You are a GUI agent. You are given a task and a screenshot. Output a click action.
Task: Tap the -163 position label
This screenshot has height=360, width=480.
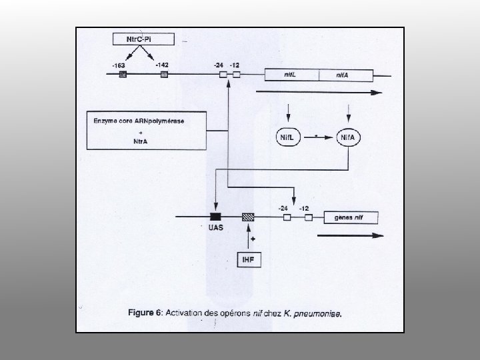pos(119,65)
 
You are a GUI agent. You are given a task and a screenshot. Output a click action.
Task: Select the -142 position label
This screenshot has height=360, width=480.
pos(162,65)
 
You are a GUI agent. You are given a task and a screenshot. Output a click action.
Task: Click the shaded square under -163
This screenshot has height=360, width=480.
pos(123,75)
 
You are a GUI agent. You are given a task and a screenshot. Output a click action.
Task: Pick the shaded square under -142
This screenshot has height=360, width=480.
pos(165,75)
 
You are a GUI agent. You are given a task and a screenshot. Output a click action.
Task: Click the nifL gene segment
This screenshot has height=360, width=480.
pos(291,75)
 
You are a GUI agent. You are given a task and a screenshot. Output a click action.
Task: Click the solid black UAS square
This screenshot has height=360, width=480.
pos(215,217)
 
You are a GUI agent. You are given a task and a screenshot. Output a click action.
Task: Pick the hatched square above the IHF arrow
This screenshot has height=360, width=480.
pos(248,217)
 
